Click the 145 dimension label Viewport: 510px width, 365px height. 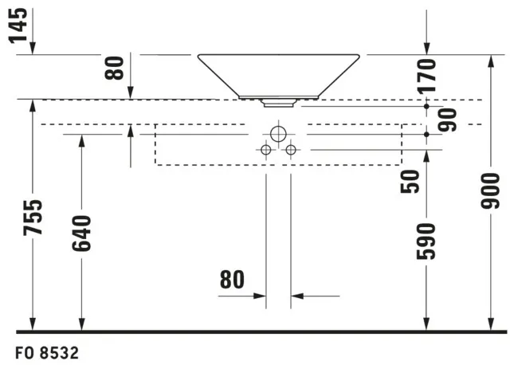[x=18, y=26]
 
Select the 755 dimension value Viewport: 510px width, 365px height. [x=33, y=218]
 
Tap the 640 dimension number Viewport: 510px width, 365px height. [x=81, y=234]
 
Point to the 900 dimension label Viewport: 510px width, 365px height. [x=490, y=191]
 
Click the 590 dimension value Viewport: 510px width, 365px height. [x=426, y=241]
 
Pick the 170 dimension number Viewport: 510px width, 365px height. [x=427, y=77]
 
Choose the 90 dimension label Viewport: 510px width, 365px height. [x=448, y=120]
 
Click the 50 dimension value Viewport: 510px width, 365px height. [x=410, y=182]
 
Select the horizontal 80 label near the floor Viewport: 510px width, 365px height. [x=232, y=280]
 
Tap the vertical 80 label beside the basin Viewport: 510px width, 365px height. [x=114, y=68]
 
